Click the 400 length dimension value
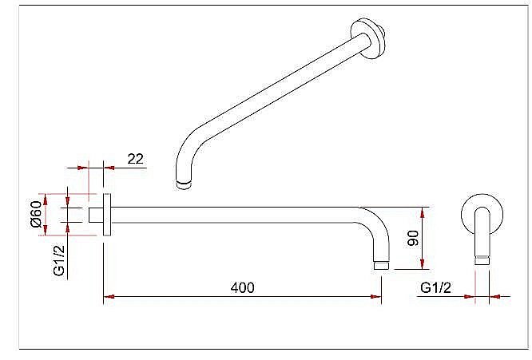pyautogui.click(x=242, y=287)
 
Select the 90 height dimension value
pyautogui.click(x=413, y=239)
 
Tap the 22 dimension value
pyautogui.click(x=135, y=159)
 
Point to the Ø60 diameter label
pyautogui.click(x=36, y=214)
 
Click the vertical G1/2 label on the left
pyautogui.click(x=59, y=261)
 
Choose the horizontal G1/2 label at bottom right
pyautogui.click(x=435, y=288)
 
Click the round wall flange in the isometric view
pyautogui.click(x=368, y=38)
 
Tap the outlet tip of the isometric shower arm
pyautogui.click(x=184, y=185)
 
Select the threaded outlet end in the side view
pyautogui.click(x=381, y=265)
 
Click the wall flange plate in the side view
pyautogui.click(x=107, y=215)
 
